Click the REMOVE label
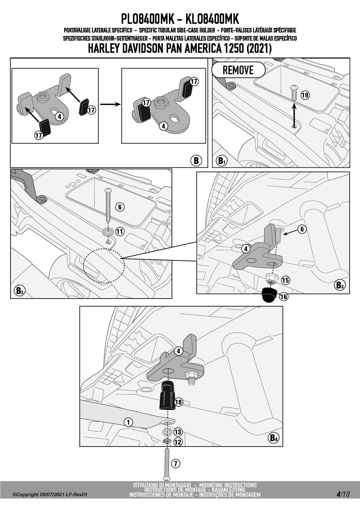coord(238,70)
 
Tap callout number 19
coord(305,95)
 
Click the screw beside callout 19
coord(294,93)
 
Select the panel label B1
coord(222,160)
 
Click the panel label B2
coord(20,290)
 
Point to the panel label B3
coord(339,285)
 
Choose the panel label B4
coord(273,438)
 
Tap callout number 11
coord(120,231)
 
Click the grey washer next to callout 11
coord(108,232)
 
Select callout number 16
coord(284,297)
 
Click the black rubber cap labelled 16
coord(269,295)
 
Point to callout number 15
coord(285,280)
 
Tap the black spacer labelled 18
coord(168,396)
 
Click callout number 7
coord(175,463)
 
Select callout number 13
coord(178,432)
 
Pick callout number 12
coord(178,442)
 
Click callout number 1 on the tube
coord(128,422)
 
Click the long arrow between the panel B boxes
coord(110,104)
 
